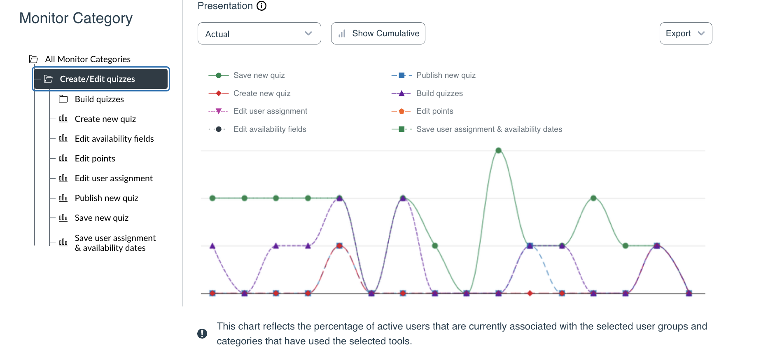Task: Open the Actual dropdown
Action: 259,34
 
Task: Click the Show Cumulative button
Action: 378,34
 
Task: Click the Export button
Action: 685,34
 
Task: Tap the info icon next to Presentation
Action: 261,6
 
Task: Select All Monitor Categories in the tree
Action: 87,59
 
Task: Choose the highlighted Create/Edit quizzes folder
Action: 97,79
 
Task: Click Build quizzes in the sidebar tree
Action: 99,99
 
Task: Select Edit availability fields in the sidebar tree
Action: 114,139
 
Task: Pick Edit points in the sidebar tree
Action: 95,159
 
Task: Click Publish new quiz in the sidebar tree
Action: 106,198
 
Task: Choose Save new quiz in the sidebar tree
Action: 101,218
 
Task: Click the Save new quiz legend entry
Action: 259,75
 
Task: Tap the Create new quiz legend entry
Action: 261,94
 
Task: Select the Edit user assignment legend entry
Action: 270,111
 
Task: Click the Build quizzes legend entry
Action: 439,94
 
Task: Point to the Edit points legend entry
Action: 434,111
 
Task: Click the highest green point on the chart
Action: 498,151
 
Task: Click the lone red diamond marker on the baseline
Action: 530,293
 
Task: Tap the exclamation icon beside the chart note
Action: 202,334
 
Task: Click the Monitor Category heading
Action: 76,19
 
